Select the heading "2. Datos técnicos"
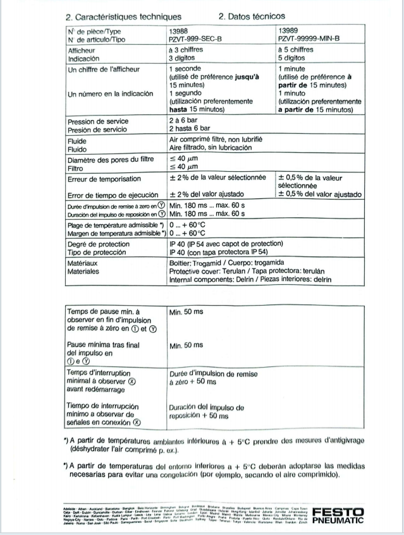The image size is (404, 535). click(251, 16)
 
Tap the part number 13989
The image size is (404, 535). click(290, 30)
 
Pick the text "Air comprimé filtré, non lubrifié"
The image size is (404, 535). click(215, 138)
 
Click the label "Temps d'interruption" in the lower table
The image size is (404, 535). click(102, 375)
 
